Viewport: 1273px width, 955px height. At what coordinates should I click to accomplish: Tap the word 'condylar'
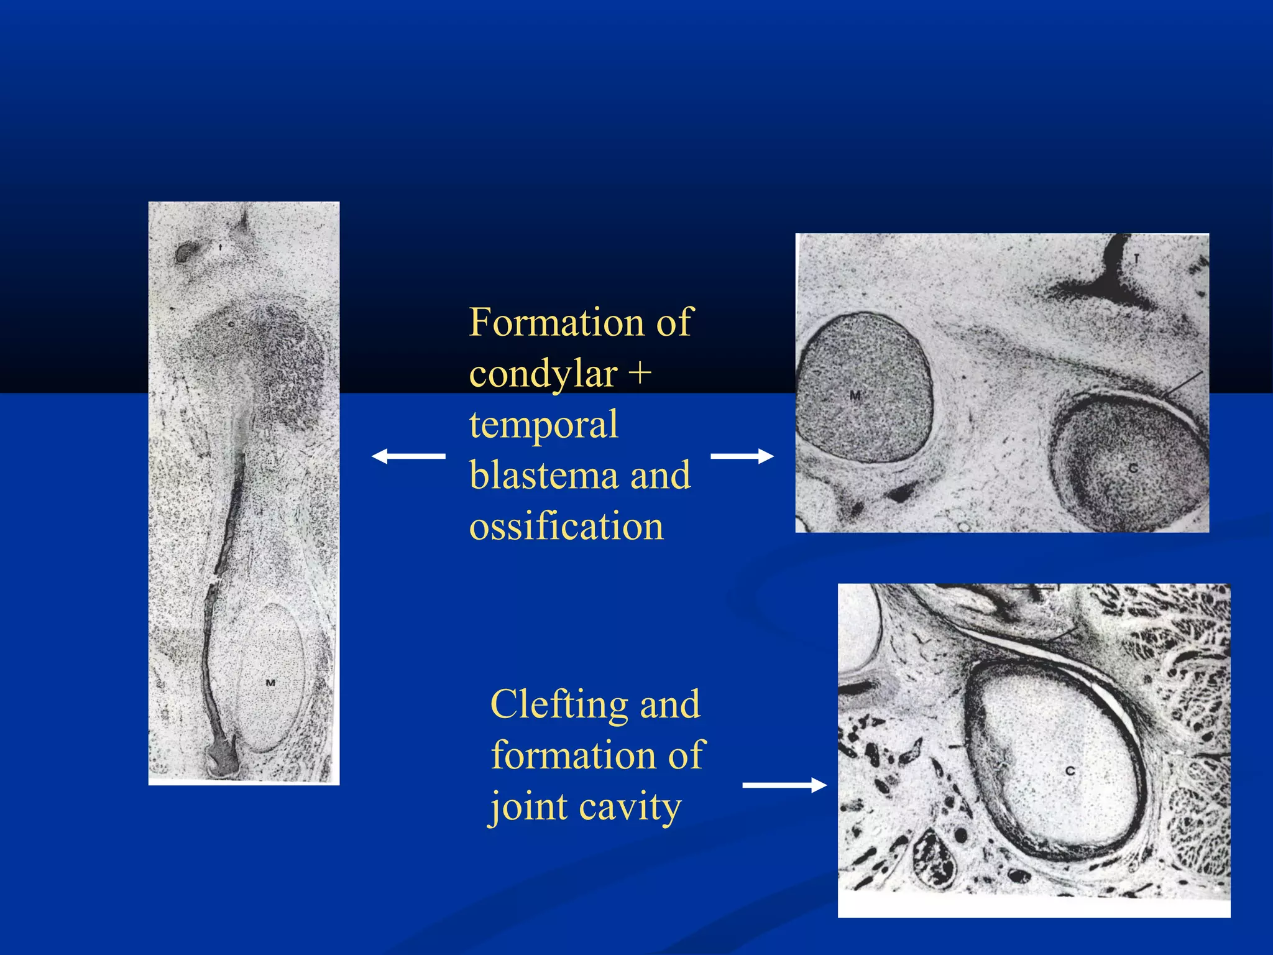tap(543, 374)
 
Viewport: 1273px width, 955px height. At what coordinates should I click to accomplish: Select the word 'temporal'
tap(543, 425)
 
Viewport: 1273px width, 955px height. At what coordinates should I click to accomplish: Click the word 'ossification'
tap(566, 527)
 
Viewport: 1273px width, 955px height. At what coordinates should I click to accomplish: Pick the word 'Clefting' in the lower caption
tap(559, 705)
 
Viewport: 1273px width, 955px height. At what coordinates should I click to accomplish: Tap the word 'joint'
tap(528, 807)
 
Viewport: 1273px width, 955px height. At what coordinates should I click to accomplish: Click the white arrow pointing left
tap(408, 456)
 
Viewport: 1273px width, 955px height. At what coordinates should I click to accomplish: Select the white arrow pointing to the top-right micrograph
tap(742, 456)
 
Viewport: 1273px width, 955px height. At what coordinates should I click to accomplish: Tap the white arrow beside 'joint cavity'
tap(784, 786)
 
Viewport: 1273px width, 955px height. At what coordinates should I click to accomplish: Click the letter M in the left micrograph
tap(270, 683)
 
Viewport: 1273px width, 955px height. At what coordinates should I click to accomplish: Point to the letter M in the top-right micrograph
tap(855, 395)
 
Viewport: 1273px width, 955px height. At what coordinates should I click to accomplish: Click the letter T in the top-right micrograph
tap(1136, 259)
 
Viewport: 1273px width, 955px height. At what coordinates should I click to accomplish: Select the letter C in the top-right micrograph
tap(1133, 468)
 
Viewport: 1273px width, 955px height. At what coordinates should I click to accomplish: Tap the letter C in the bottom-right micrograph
tap(1070, 771)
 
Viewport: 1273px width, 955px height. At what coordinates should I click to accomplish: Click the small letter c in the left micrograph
tap(231, 324)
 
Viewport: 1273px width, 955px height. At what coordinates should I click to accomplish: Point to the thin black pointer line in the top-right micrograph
tap(1182, 385)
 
